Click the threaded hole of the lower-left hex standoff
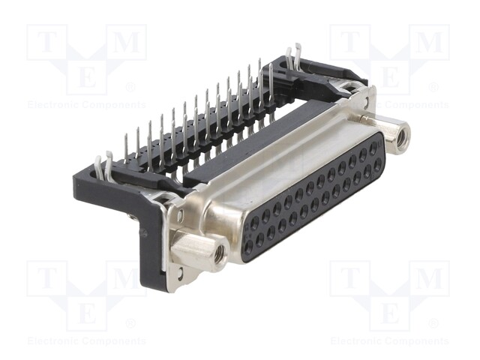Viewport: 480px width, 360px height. [219, 253]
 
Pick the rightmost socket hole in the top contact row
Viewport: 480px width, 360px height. [373, 148]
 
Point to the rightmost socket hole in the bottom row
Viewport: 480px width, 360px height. [377, 166]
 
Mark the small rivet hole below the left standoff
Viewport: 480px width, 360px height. [181, 271]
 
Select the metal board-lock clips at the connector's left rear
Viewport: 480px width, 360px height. [103, 166]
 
